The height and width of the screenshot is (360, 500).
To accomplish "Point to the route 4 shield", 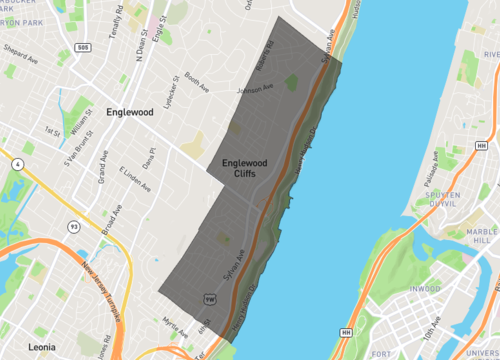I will (x=20, y=163).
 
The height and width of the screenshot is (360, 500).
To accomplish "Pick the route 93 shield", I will (x=73, y=226).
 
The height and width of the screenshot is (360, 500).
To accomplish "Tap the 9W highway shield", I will (x=209, y=298).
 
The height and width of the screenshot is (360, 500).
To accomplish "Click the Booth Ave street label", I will (x=197, y=84).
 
